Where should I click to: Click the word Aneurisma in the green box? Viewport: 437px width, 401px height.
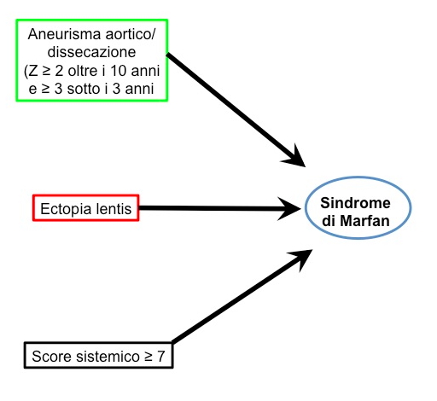coord(64,34)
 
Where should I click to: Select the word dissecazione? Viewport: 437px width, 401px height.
coord(91,52)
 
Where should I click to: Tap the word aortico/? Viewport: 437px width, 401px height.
coord(131,34)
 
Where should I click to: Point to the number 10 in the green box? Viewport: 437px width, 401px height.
coord(118,71)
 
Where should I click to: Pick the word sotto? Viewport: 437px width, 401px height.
coord(84,89)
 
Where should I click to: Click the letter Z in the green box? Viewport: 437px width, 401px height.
coord(33,71)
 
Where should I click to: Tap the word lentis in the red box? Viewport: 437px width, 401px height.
coord(114,209)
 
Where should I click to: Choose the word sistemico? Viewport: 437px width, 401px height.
coord(108,356)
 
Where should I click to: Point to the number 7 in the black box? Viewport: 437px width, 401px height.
coord(161,356)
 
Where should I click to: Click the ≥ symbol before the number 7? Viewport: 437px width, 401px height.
coord(149,357)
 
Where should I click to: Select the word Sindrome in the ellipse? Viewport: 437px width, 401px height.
coord(355,203)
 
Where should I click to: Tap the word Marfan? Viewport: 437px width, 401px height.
coord(364,221)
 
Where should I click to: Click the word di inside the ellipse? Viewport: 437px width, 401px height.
coord(329,221)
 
